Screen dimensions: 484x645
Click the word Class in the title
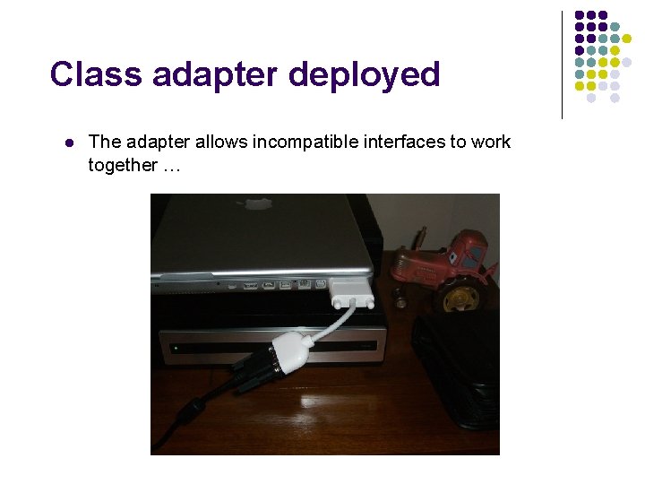(96, 74)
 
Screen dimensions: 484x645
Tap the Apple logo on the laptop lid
(258, 203)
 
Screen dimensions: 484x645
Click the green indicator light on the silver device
(176, 348)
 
